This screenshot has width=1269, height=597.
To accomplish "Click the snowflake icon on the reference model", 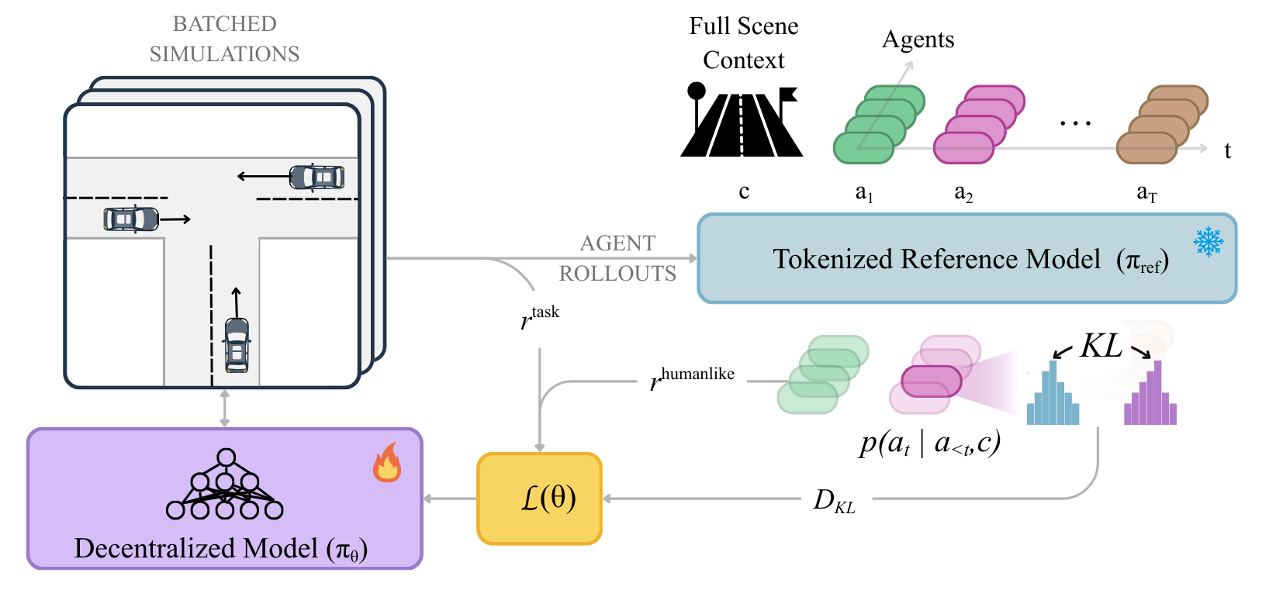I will pyautogui.click(x=1208, y=242).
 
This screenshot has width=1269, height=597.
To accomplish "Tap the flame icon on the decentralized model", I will pyautogui.click(x=387, y=463).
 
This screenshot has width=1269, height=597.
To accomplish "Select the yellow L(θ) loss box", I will pyautogui.click(x=540, y=499).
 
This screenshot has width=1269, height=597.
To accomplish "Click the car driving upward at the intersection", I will pyautogui.click(x=237, y=343).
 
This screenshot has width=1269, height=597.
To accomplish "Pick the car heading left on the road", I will pyautogui.click(x=316, y=177).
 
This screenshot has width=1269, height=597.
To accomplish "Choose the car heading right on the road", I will pyautogui.click(x=131, y=219).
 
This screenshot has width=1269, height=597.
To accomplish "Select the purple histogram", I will pyautogui.click(x=1150, y=393).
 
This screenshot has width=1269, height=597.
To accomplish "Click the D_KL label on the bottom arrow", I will pyautogui.click(x=834, y=501).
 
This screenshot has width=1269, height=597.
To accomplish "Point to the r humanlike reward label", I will pyautogui.click(x=692, y=378).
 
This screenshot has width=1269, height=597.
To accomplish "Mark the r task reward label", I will pyautogui.click(x=540, y=316).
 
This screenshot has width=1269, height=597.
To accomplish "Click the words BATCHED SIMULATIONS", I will pyautogui.click(x=224, y=39).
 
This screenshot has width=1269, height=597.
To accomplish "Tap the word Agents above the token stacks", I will pyautogui.click(x=918, y=40).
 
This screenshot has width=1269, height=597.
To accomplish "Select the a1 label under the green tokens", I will pyautogui.click(x=864, y=192).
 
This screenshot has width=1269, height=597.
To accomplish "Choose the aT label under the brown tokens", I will pyautogui.click(x=1146, y=192).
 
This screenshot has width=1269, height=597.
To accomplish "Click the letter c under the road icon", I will pyautogui.click(x=744, y=192).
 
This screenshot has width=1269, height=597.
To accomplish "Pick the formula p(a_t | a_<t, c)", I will pyautogui.click(x=930, y=443).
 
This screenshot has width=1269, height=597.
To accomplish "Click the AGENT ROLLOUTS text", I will pyautogui.click(x=617, y=258).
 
